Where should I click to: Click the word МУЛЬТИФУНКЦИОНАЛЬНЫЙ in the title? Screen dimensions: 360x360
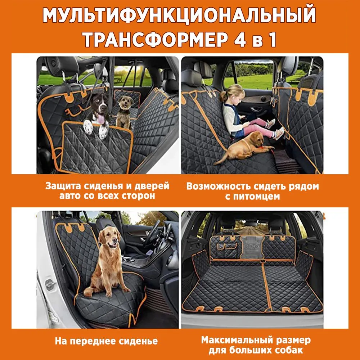click(179, 15)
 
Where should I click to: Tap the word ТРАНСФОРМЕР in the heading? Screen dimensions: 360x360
click(155, 40)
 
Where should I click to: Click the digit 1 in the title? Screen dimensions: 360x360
click(273, 40)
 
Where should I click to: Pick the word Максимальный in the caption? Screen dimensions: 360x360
click(237, 340)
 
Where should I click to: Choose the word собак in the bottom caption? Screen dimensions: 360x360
click(288, 350)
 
